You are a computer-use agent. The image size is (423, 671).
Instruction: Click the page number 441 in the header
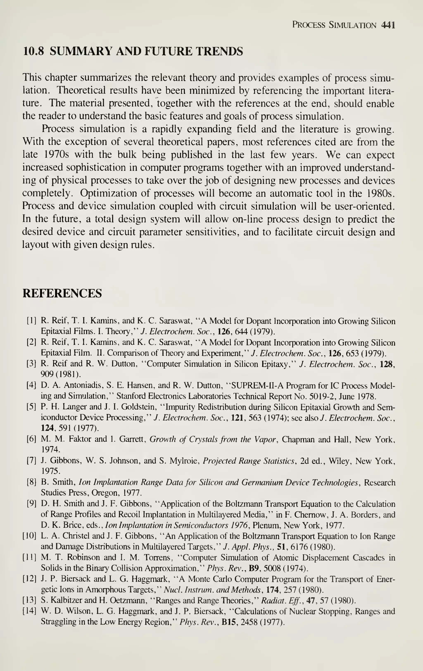click(x=388, y=25)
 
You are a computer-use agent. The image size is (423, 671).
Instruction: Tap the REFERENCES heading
click(x=62, y=293)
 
